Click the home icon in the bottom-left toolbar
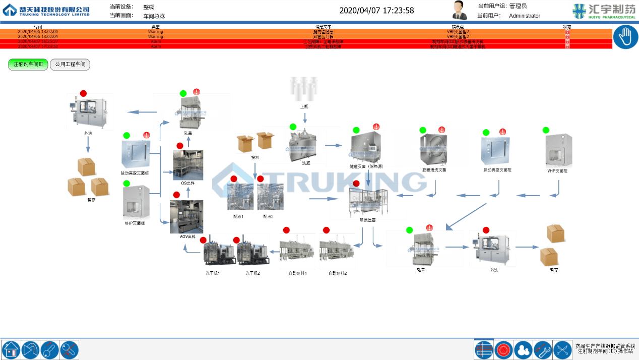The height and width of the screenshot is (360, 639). click(11, 349)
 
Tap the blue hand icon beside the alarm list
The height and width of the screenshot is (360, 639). click(625, 37)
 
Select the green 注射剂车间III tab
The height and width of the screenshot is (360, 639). click(28, 65)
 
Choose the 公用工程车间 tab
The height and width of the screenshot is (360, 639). click(70, 65)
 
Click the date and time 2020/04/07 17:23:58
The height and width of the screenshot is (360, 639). click(376, 11)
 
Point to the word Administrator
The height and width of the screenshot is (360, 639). click(524, 16)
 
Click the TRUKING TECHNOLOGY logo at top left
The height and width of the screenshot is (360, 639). click(46, 10)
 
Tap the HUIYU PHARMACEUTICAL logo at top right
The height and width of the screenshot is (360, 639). click(604, 11)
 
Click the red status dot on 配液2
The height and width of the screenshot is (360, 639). click(261, 179)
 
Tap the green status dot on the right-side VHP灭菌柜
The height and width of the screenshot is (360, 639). click(546, 130)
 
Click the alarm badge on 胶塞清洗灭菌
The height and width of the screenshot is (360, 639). click(442, 130)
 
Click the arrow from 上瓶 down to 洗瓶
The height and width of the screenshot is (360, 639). click(304, 117)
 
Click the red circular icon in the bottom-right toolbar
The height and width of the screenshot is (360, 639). click(503, 349)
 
